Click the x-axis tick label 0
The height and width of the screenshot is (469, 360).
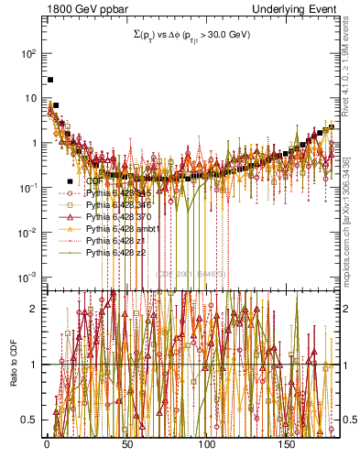pyautogui.click(x=46, y=444)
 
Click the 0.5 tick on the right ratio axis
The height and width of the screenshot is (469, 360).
pyautogui.click(x=348, y=420)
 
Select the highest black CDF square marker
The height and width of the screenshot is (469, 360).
pyautogui.click(x=50, y=81)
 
